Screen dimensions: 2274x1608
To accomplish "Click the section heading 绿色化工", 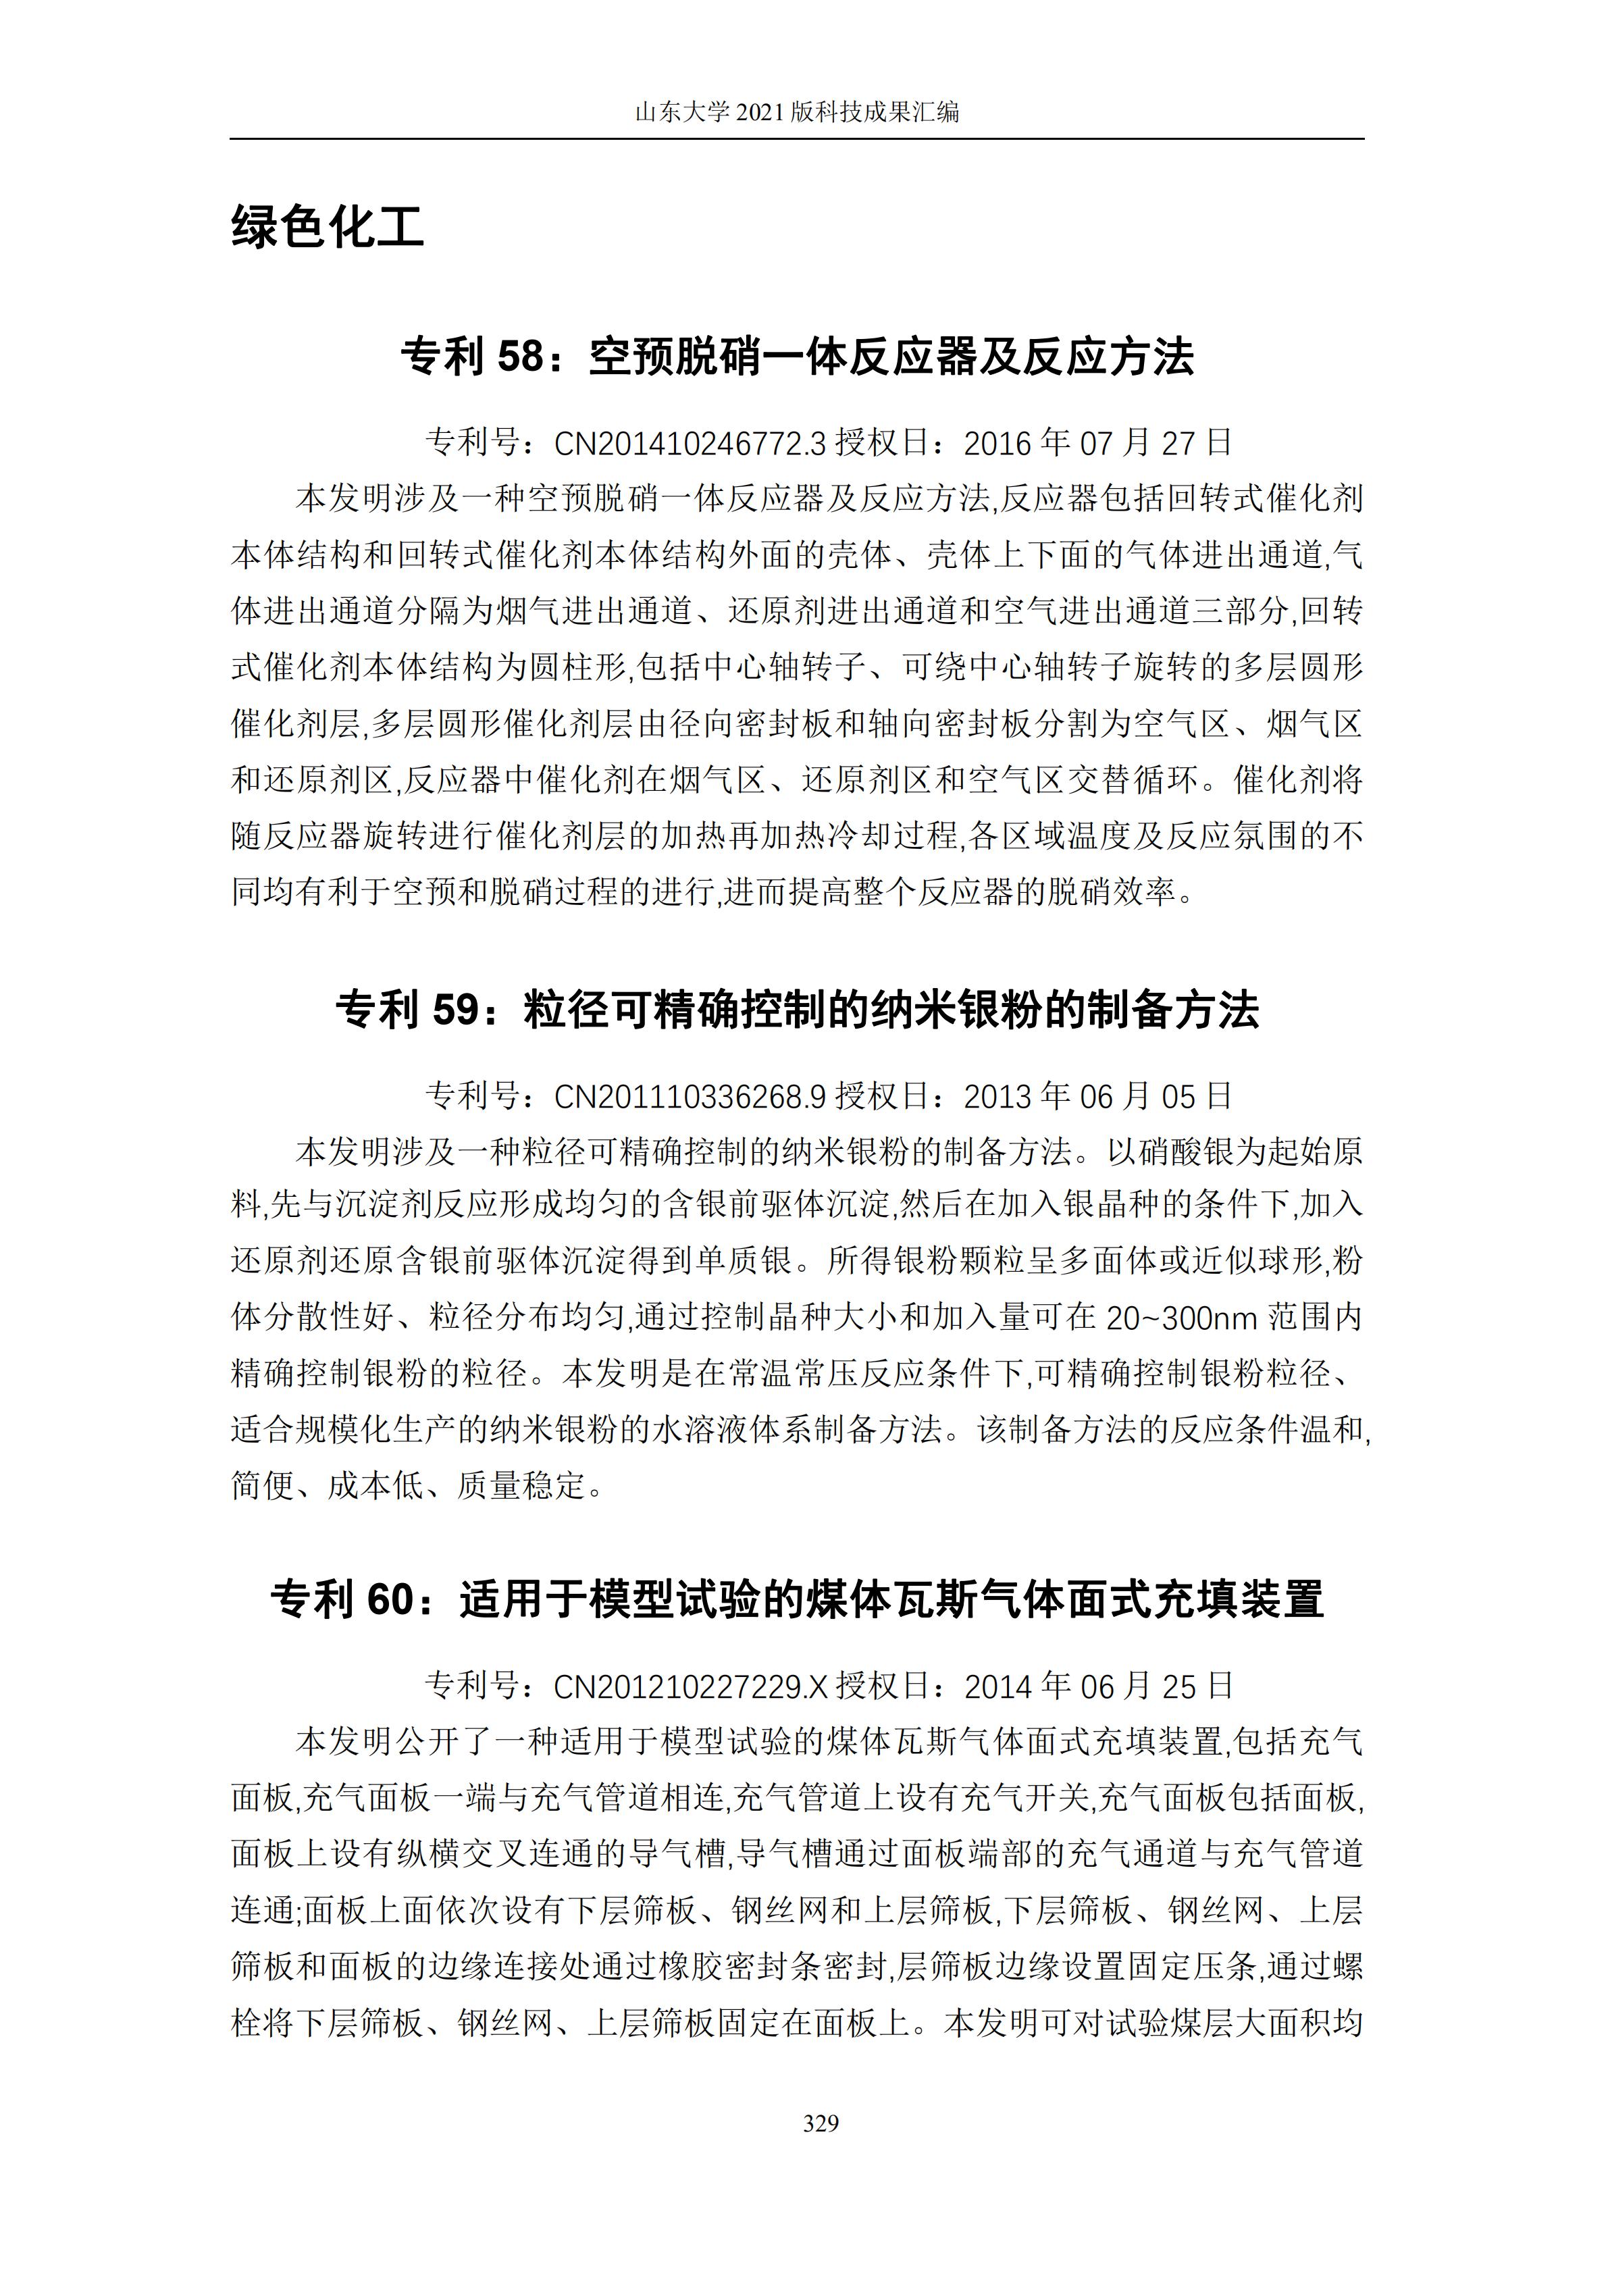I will tap(328, 227).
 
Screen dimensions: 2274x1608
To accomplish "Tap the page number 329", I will tap(821, 2123).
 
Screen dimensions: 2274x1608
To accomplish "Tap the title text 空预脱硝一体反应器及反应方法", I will tap(891, 357).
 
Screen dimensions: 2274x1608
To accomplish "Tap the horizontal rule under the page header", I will tap(797, 138).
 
